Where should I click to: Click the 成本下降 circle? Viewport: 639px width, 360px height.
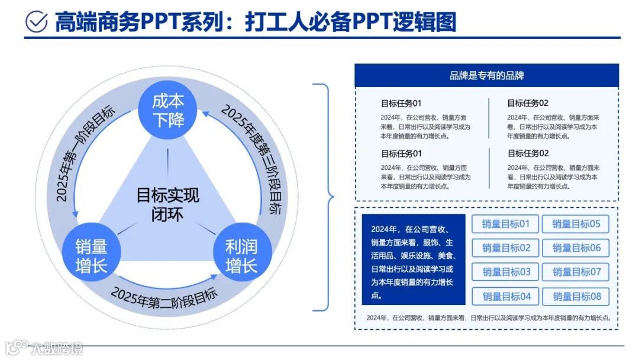pyautogui.click(x=169, y=110)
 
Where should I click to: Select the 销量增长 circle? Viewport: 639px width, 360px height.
pyautogui.click(x=91, y=256)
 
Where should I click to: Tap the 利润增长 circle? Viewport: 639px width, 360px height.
pyautogui.click(x=241, y=256)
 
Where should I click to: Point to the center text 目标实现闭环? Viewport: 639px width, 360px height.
pyautogui.click(x=168, y=204)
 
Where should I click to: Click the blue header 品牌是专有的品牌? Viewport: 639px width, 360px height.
pyautogui.click(x=486, y=76)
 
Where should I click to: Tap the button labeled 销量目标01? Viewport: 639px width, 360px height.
pyautogui.click(x=505, y=224)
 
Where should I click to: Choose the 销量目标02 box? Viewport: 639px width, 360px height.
pyautogui.click(x=505, y=248)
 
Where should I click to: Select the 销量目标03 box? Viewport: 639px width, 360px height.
pyautogui.click(x=505, y=272)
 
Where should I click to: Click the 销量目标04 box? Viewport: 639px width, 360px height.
pyautogui.click(x=505, y=296)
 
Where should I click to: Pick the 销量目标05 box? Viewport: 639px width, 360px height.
pyautogui.click(x=576, y=224)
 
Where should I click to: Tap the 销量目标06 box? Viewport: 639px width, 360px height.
pyautogui.click(x=576, y=248)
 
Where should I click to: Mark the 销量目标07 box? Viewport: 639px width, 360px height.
pyautogui.click(x=576, y=272)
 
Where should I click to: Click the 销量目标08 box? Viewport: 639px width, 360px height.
pyautogui.click(x=576, y=296)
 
